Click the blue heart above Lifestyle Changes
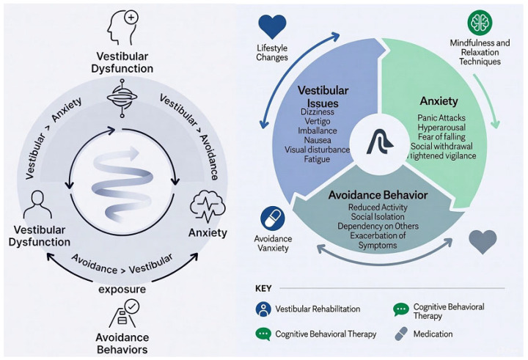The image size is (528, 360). coord(272,26)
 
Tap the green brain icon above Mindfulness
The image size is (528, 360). coord(480,23)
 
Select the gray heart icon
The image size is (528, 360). coord(483,241)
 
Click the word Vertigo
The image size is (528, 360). coord(318,121)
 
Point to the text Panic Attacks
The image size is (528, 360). coord(441,118)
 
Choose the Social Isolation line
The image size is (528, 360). coord(378,216)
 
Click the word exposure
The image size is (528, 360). coord(122,290)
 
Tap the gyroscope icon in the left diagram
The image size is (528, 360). coord(122,98)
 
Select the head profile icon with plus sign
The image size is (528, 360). coord(122,28)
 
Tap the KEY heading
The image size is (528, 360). coord(263,289)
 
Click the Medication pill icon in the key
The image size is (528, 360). coord(401,334)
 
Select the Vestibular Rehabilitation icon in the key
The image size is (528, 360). coord(263,309)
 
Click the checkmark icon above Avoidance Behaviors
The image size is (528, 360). coord(131,306)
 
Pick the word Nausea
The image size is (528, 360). coord(318,140)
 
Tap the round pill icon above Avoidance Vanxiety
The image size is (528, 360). coord(273,218)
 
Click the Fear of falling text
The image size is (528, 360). coord(441,136)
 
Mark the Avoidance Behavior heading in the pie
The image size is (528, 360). coord(378,195)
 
